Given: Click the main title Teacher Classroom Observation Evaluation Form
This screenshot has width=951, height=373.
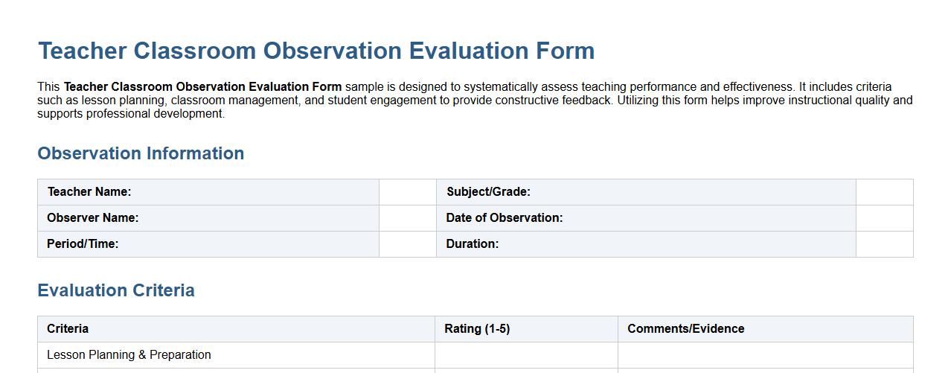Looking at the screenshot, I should pos(316,51).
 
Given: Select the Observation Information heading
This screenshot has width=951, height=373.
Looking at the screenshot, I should pos(141,153).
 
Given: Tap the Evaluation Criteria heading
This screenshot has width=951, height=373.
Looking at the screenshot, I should pos(116,290).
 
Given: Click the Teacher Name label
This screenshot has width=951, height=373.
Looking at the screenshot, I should pos(89,192).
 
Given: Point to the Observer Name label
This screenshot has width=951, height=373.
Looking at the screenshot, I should pos(93,218).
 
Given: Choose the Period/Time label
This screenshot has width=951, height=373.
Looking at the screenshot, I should pos(83,244).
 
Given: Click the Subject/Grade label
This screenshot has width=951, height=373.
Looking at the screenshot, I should pos(488,192).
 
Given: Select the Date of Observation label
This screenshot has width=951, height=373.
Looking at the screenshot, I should pos(505,218).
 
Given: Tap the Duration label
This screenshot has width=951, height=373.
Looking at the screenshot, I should pos(473,244).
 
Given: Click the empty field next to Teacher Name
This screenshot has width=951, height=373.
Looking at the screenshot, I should pos(408,192).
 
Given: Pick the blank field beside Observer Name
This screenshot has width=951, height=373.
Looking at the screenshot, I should pos(408,218).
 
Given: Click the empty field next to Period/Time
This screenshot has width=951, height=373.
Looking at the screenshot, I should pos(408,244).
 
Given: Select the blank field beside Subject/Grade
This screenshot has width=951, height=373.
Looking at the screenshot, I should pos(884,192).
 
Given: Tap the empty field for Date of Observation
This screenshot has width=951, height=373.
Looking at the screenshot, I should pos(884,218).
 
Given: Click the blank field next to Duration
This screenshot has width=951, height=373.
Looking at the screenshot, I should pos(884,244).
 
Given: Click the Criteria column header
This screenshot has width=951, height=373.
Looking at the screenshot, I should pos(68,329).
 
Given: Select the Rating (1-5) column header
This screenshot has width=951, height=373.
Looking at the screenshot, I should pos(477,329).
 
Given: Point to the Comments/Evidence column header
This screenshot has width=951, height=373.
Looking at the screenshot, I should pos(685,329).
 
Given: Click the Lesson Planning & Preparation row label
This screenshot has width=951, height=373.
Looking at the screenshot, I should pos(129,355).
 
